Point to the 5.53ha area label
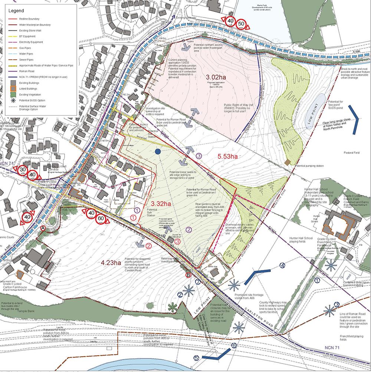227,157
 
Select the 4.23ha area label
111,263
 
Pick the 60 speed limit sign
101,218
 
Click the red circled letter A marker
43,228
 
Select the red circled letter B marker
188,275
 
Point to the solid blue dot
158,152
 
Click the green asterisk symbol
171,306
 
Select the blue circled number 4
283,265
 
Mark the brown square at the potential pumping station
287,162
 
